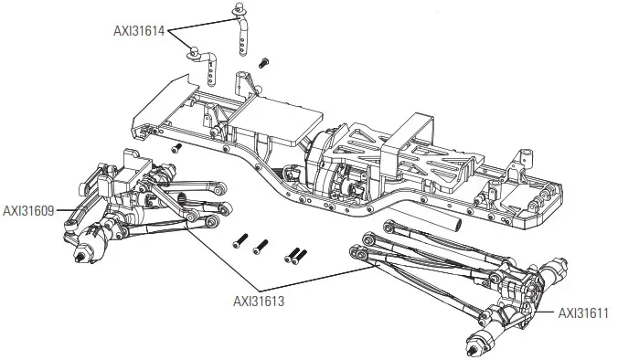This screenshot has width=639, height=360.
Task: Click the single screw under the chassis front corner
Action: point(177,145)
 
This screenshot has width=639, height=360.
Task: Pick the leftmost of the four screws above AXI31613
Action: point(239,243)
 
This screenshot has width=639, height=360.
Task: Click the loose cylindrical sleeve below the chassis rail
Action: point(453,219)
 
